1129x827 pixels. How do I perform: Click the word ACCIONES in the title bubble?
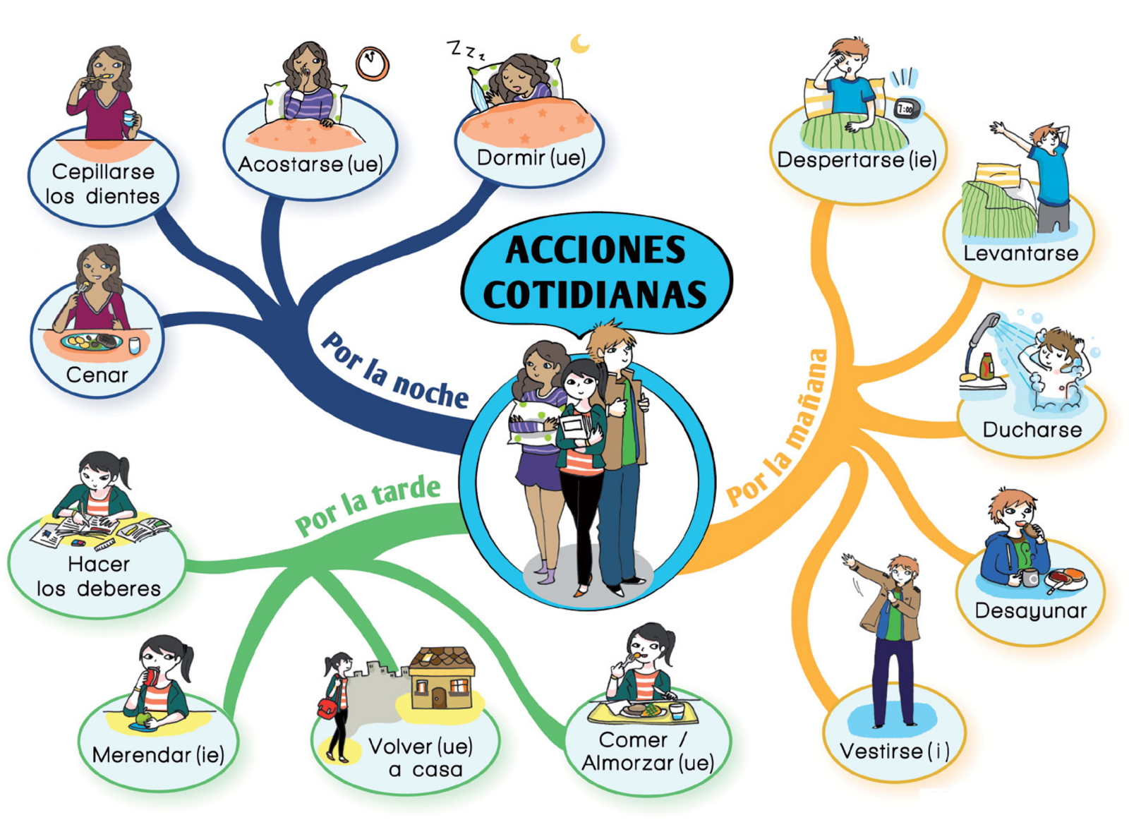[595, 250]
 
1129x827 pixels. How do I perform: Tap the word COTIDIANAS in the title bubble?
[595, 294]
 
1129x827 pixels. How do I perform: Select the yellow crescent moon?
[579, 44]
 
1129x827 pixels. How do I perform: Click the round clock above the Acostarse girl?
[372, 64]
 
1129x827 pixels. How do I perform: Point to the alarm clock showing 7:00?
[905, 109]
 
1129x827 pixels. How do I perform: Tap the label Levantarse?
[1020, 253]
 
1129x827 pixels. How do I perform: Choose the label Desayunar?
[1030, 610]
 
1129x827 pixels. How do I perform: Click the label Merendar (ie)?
[158, 755]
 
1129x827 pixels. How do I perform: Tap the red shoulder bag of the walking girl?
[327, 708]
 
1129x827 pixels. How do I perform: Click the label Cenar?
[97, 375]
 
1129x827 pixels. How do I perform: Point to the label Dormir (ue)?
[531, 157]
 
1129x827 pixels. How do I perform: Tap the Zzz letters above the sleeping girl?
[466, 50]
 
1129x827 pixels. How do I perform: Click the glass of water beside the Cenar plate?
[134, 345]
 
